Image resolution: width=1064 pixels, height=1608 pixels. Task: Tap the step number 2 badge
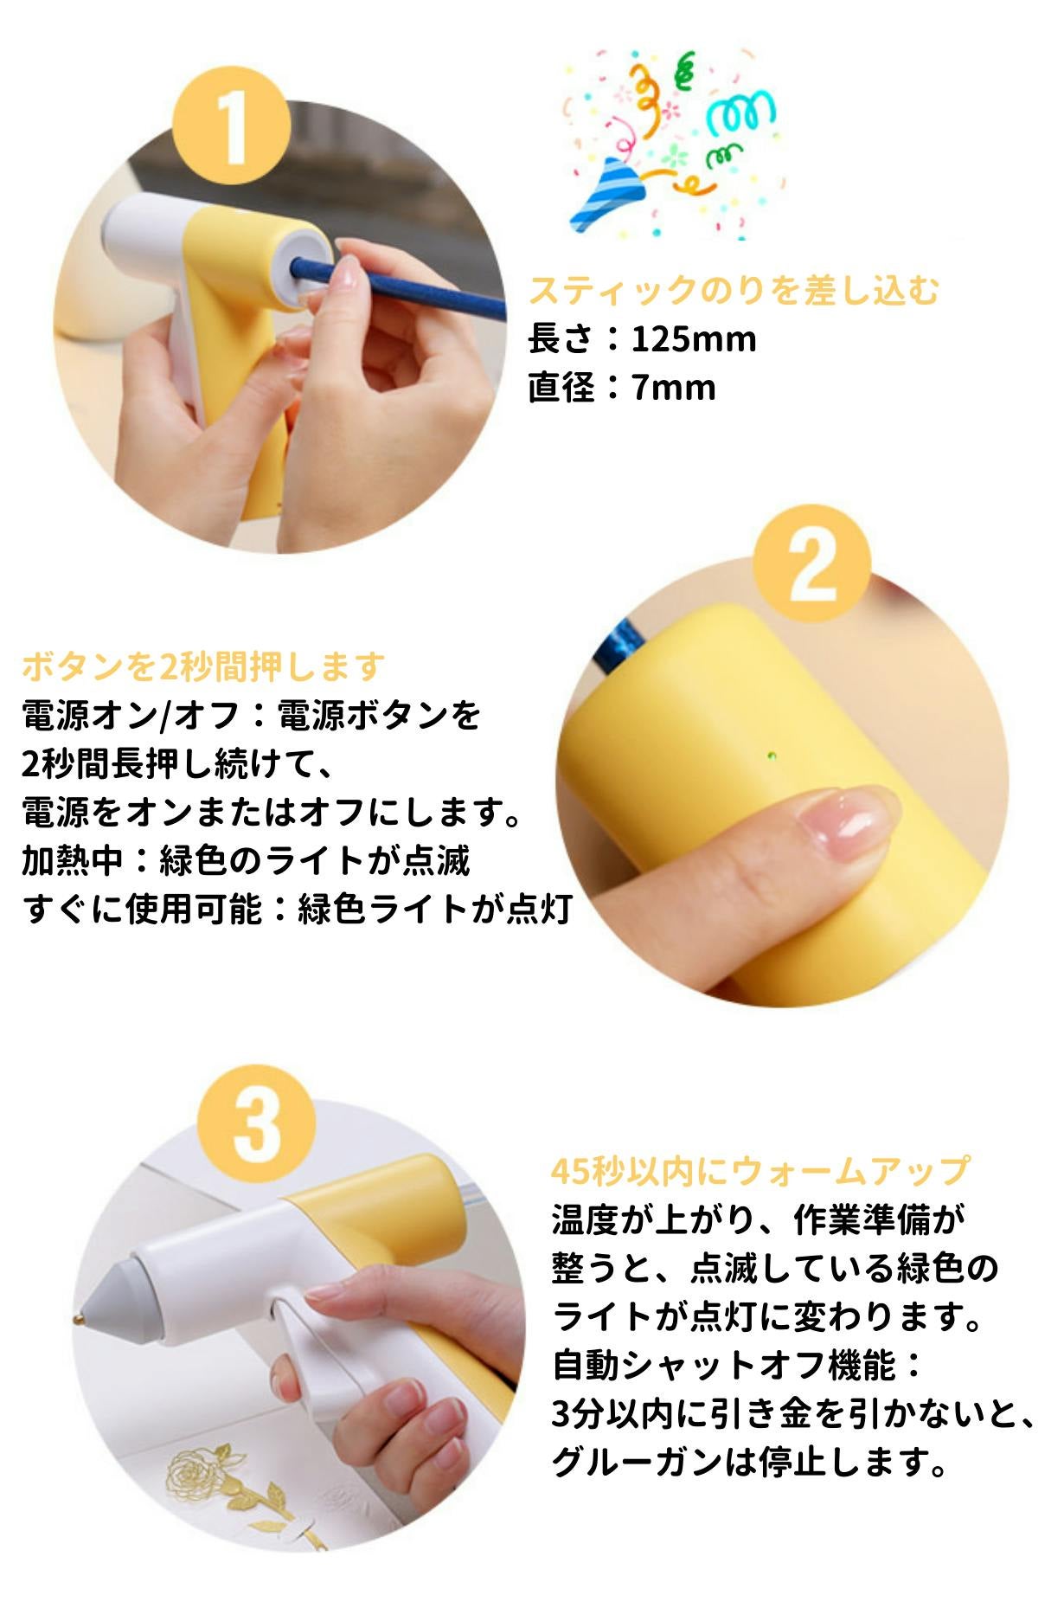[811, 563]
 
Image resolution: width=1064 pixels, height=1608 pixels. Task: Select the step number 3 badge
[256, 1123]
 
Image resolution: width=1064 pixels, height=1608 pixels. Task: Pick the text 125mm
[693, 338]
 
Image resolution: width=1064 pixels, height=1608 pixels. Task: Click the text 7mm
[673, 387]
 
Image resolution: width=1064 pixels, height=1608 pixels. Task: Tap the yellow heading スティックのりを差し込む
[734, 290]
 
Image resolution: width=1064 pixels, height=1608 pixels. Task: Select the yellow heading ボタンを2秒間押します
[203, 666]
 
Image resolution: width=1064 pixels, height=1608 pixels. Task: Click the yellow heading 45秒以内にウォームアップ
[760, 1171]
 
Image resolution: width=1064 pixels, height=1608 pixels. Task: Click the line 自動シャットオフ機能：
[737, 1366]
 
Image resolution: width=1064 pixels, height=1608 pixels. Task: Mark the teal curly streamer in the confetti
[740, 113]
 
